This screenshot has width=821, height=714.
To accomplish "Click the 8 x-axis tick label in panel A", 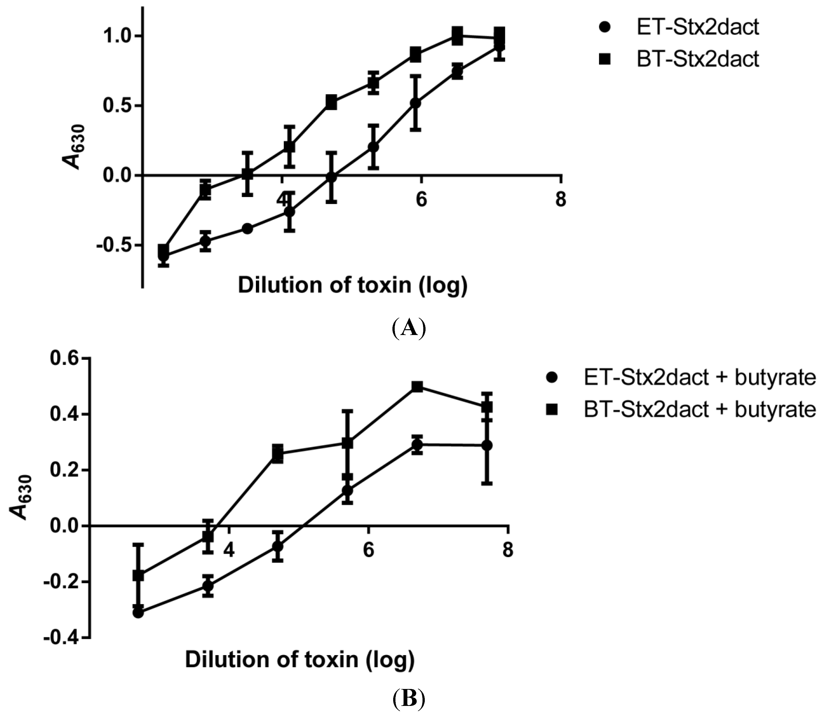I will (x=561, y=199).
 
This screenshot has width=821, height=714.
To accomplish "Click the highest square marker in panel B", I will (x=417, y=387).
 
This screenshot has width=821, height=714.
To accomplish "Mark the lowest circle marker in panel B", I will (x=138, y=613).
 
